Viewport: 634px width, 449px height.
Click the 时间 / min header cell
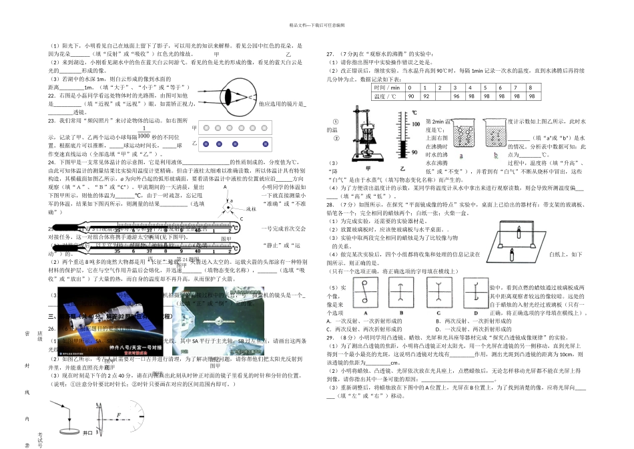pos(387,88)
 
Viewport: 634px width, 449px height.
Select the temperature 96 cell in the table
pos(456,96)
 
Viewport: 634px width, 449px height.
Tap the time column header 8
pos(529,88)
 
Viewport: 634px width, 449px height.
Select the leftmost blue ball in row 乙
pos(206,144)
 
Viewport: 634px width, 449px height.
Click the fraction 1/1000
pos(144,133)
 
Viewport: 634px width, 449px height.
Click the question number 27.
pos(330,53)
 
